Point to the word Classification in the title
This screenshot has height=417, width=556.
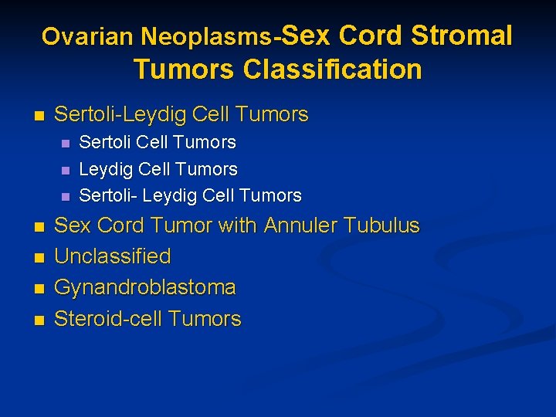(x=332, y=69)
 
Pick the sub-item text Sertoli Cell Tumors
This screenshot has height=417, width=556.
(x=158, y=142)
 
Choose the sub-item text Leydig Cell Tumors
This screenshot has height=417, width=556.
(x=158, y=168)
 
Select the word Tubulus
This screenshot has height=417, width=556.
(x=381, y=225)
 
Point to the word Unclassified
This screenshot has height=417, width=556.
(x=112, y=256)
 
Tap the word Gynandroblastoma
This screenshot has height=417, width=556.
(x=144, y=287)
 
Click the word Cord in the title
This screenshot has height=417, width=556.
(x=371, y=35)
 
